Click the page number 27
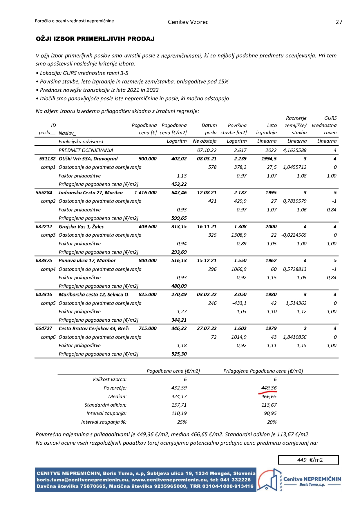[339, 22]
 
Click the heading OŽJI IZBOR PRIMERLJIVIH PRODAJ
[95, 39]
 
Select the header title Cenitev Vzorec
[188, 22]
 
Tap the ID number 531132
[47, 159]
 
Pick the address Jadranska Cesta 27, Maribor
[91, 193]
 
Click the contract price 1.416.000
[145, 193]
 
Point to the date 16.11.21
[207, 227]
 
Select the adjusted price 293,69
[179, 252]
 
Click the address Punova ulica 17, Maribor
[87, 260]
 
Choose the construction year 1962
[271, 260]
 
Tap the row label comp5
[48, 303]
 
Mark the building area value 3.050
[240, 294]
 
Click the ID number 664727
[44, 328]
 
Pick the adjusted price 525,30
[179, 354]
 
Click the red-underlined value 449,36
[269, 388]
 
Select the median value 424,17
[179, 396]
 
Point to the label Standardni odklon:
[106, 405]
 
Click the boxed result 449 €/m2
[308, 460]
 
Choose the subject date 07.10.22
[207, 150]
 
